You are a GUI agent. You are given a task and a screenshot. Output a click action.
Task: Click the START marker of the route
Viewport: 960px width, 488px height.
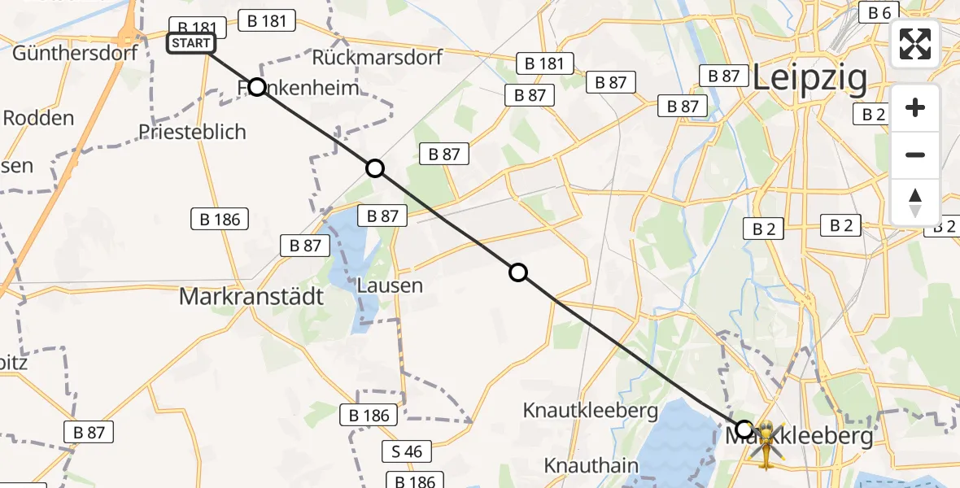tap(191, 43)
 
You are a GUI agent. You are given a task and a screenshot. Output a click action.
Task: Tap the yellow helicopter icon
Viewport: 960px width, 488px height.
tap(765, 446)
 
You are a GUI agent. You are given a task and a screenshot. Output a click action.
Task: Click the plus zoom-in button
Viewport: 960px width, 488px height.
tap(915, 107)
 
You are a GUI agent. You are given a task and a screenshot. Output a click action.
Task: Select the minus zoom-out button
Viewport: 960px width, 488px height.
tap(915, 155)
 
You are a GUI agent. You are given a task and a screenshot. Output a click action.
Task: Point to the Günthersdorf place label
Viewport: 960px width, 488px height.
tap(75, 54)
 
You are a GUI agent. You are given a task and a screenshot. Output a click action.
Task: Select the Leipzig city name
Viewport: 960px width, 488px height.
tap(809, 78)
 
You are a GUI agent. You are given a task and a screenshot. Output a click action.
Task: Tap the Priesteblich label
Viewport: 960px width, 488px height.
tap(192, 132)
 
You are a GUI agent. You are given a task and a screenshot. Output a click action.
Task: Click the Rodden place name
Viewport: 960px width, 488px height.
tap(38, 118)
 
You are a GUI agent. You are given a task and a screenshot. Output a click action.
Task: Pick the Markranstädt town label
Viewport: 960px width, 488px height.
tap(251, 297)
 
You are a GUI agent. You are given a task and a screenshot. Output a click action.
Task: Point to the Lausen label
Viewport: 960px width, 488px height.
tap(391, 285)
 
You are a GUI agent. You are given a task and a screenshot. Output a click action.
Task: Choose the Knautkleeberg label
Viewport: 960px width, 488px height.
tap(591, 410)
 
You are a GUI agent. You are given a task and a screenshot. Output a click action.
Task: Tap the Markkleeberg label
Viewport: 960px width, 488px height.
tap(799, 437)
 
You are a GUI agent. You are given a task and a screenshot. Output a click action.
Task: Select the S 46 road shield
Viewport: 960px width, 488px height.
tap(407, 451)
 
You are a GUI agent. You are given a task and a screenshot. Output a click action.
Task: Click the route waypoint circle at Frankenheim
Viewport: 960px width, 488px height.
tap(257, 87)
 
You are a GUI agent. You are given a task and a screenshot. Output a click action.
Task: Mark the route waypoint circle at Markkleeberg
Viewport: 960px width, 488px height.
tap(744, 429)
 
